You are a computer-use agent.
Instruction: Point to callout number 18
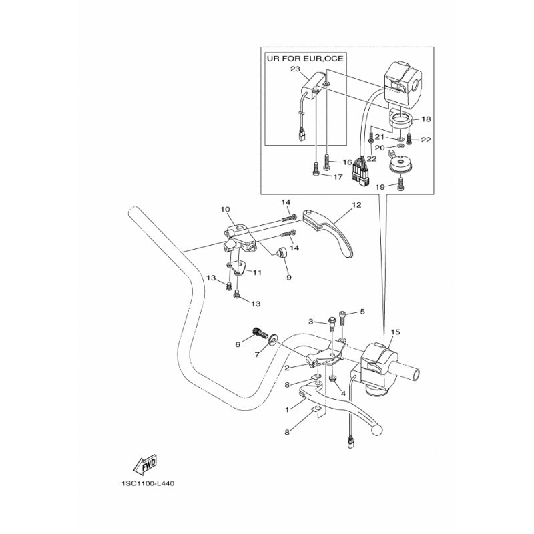[x=426, y=119]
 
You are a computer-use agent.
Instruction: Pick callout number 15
[x=395, y=332]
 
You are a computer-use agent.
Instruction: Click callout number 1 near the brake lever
[x=288, y=409]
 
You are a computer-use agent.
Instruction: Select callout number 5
[x=362, y=312]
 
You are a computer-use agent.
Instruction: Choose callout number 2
[x=287, y=368]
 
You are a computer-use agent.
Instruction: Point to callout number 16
[x=348, y=162]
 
